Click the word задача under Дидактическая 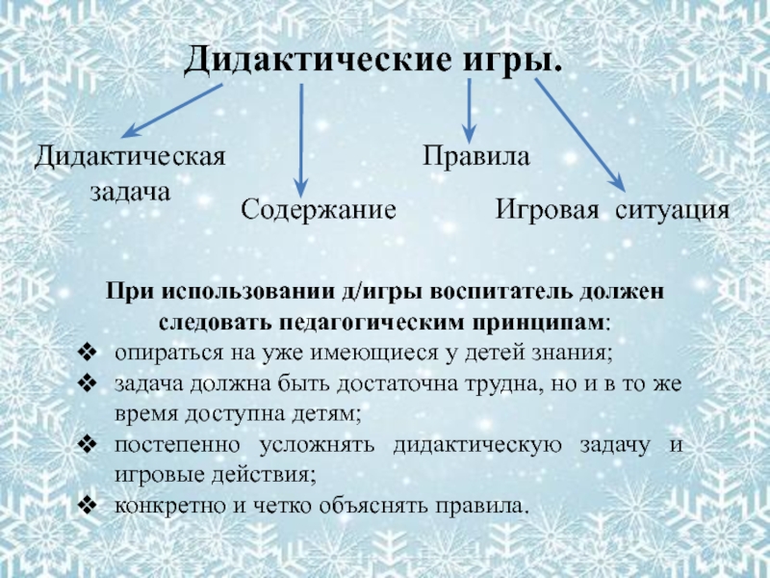coord(130,191)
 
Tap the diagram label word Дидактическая coord(130,156)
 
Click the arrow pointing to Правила coord(469,110)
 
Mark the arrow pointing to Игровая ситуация coord(580,136)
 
